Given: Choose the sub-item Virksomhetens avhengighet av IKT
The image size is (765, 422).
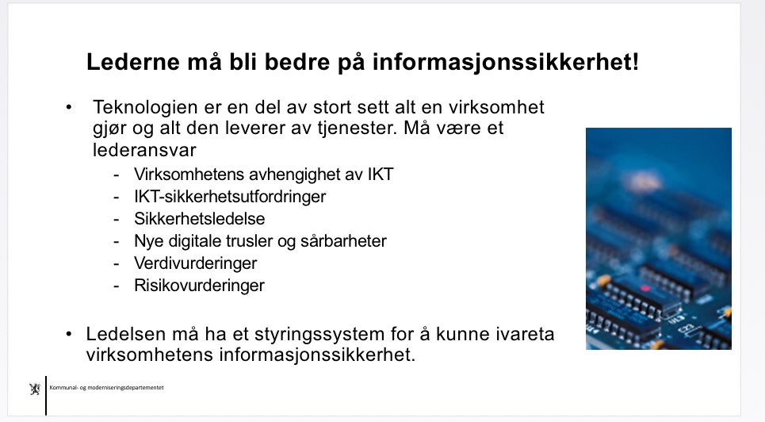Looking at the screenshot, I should pos(264,175).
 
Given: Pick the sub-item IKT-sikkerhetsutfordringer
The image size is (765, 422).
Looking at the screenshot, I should pos(230,196).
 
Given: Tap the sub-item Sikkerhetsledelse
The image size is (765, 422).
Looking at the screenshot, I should pos(199,218).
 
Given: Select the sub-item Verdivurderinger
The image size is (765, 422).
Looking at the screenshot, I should pos(196,263).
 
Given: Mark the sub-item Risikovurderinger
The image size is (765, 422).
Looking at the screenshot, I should pos(199,285).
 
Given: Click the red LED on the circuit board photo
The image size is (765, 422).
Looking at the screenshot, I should pos(645,287).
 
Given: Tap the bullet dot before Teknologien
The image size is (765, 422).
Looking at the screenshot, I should pos(70,107).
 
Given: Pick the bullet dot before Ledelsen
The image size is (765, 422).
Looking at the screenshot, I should pos(70,334).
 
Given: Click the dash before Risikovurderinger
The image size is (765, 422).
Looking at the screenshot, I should pos(117,285).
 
